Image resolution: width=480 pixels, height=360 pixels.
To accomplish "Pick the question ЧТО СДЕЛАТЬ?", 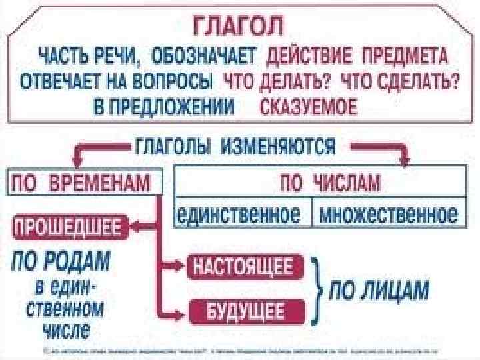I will click(x=399, y=82).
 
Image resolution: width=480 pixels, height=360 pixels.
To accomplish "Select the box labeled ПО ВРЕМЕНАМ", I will click(x=83, y=181).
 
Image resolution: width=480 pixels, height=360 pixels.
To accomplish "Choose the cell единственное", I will click(x=243, y=214).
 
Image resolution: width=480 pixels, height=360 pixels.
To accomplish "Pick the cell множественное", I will click(x=388, y=214).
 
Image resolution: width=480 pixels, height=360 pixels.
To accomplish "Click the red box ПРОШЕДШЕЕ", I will click(x=65, y=227).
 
